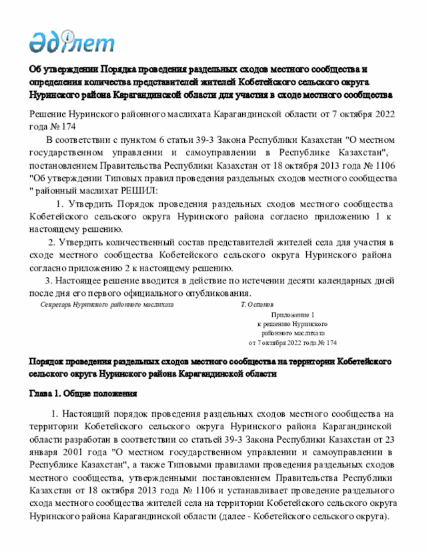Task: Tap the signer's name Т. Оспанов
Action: (257, 304)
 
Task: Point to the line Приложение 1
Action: (292, 313)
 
